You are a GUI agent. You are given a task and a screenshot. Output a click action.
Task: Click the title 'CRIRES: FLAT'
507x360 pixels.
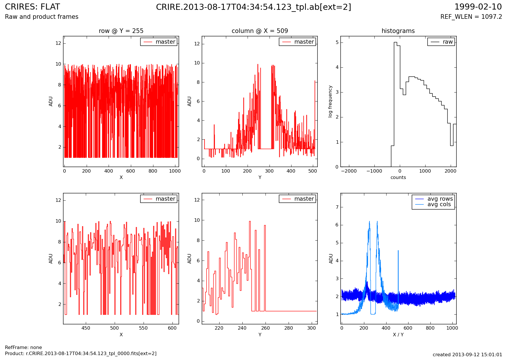coord(32,7)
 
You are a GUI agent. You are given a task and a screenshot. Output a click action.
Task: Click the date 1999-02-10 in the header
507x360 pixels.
coord(478,7)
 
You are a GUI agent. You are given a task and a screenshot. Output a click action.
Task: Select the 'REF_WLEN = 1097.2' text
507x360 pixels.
coord(471,17)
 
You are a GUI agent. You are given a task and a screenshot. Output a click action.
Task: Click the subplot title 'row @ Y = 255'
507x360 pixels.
coord(121,31)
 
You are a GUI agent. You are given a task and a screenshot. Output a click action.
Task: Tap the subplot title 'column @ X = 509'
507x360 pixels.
coord(260,31)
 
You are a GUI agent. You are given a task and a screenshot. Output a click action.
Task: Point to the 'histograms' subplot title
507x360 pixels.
coord(398,31)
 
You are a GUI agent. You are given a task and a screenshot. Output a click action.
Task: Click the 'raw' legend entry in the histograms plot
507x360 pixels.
coord(447,42)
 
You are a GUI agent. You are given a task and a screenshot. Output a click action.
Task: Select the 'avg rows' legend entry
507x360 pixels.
coord(440,199)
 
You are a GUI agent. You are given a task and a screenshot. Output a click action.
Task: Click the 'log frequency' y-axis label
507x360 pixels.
coord(330,101)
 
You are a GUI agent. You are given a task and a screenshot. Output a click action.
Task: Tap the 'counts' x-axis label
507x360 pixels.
coord(398,178)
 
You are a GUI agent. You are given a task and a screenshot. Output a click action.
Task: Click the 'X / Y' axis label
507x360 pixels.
coord(398,335)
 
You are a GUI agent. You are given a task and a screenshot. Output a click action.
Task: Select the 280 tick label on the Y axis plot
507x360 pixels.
coord(288,328)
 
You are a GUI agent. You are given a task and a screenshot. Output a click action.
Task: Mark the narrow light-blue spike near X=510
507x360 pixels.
coord(398,278)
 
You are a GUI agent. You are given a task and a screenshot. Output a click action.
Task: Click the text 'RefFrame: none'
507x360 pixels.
coord(23,348)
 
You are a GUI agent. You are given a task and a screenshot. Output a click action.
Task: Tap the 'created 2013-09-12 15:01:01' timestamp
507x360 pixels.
coord(467,355)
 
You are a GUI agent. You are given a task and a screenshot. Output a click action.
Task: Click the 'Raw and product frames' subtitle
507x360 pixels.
coord(42,17)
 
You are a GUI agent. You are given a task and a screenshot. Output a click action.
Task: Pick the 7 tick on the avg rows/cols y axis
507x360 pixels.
coord(337,207)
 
